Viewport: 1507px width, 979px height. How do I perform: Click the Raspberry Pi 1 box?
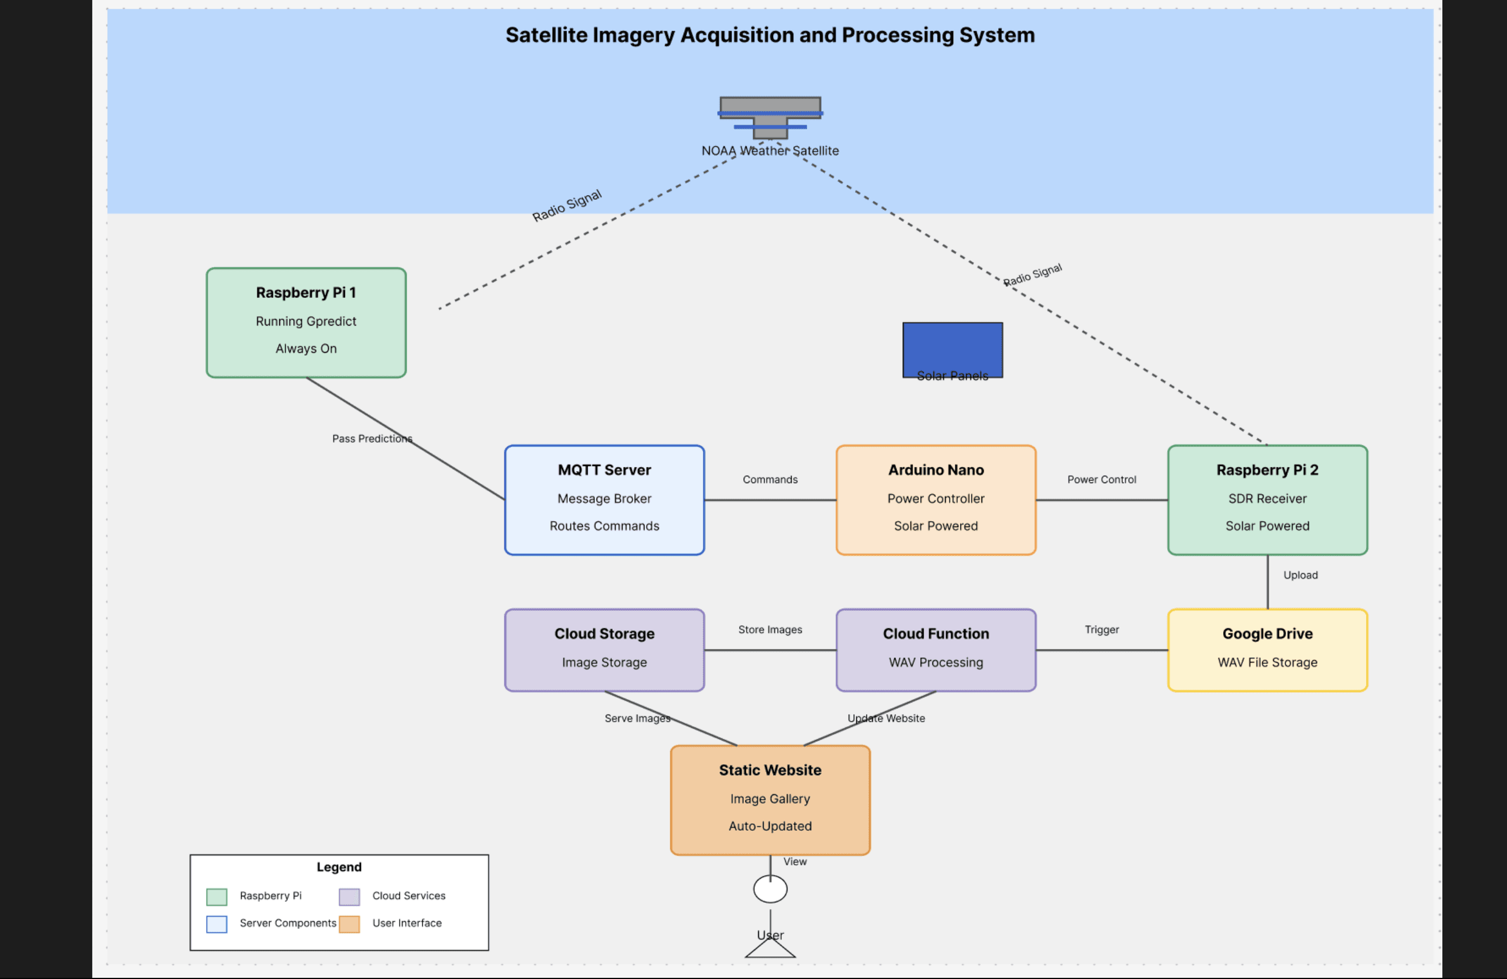306,323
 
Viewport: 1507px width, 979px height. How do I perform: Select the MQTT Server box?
604,500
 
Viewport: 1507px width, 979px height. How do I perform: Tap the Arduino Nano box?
935,500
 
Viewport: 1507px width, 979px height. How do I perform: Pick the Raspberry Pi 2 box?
1267,500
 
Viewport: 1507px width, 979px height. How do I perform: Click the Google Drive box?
1267,649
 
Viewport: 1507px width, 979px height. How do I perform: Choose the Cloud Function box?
935,649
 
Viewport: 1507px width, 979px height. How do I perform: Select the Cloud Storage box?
604,649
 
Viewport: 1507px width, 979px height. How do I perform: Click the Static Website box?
770,799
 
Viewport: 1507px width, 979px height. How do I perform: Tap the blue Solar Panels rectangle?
953,346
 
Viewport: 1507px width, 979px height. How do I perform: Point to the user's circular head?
770,889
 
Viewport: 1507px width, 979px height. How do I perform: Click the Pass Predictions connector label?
372,439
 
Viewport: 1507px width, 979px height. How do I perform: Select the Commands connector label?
770,480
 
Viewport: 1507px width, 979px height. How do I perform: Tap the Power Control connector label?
1101,480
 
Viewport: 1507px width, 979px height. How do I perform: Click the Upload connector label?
1300,575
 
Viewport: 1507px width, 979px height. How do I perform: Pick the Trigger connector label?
1101,629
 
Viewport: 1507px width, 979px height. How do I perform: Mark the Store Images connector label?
770,629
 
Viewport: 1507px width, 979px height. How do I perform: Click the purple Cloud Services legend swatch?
349,896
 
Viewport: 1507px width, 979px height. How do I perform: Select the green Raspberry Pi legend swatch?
216,896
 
